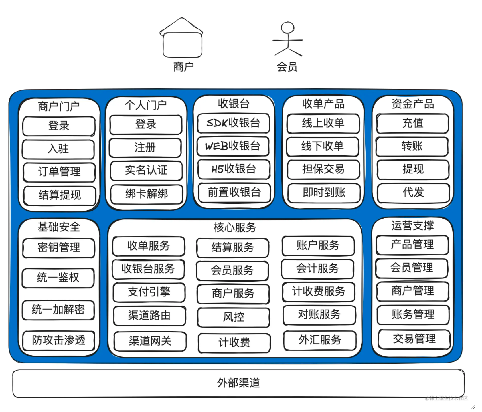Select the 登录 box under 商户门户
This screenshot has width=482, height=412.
coord(59,126)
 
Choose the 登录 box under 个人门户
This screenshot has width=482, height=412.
coord(146,124)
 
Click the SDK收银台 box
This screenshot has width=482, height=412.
coord(233,123)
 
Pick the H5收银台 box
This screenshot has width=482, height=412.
coord(234,169)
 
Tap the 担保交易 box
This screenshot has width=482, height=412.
coord(323,169)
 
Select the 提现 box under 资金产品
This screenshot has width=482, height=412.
coord(413,169)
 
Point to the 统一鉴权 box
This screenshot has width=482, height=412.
coord(58,278)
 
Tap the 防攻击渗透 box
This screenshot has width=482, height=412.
coord(59,340)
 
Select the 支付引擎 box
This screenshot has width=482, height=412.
coord(149,292)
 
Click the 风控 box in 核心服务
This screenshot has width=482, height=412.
coord(234,317)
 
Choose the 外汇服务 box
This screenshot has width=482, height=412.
coord(320,340)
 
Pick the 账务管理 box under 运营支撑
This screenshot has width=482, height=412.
coord(413,314)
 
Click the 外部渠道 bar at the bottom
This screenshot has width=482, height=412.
coord(238,383)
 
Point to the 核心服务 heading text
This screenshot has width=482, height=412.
coord(235,227)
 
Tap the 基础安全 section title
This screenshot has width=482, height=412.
coord(59,227)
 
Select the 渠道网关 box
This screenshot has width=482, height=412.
coord(150,341)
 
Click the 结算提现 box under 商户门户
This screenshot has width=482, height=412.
coord(60,195)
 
